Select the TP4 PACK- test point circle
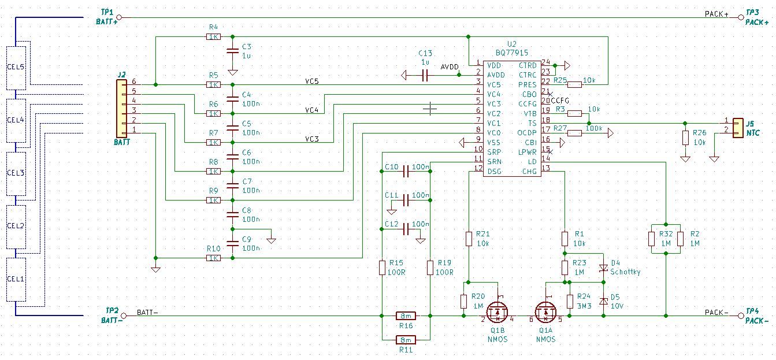coord(741,316)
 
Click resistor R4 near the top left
coord(213,36)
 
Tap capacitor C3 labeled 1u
coord(232,51)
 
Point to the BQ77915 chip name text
coord(511,53)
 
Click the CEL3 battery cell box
coord(16,173)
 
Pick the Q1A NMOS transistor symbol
coord(546,313)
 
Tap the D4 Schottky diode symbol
coord(604,268)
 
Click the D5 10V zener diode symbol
coord(604,300)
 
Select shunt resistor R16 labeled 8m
coord(406,316)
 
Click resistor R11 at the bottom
coord(406,340)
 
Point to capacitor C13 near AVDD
coord(425,75)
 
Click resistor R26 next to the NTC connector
coord(685,138)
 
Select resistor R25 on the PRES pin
coord(574,84)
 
